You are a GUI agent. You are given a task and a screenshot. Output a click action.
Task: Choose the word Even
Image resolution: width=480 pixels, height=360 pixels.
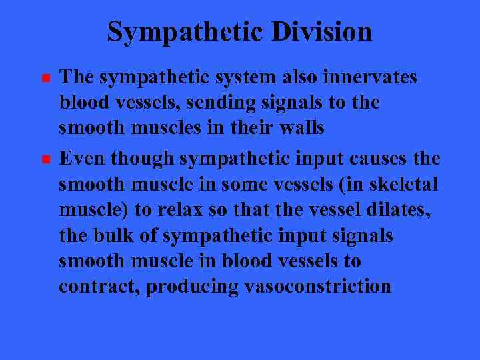point(83,159)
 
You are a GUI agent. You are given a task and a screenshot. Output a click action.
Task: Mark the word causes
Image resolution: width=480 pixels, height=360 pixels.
point(377,159)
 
